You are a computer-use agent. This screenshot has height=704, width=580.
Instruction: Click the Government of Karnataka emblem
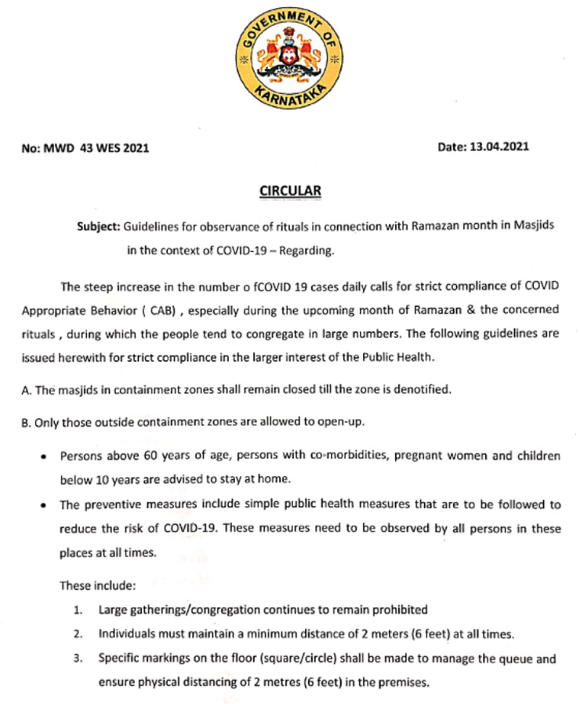[x=290, y=60]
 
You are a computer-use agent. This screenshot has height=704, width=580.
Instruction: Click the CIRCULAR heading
[x=290, y=191]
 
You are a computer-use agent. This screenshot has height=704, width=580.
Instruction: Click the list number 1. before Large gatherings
[x=78, y=609]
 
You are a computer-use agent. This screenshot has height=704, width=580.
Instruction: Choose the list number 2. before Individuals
[x=78, y=634]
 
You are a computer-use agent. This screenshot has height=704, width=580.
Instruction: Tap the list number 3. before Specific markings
[x=78, y=659]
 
